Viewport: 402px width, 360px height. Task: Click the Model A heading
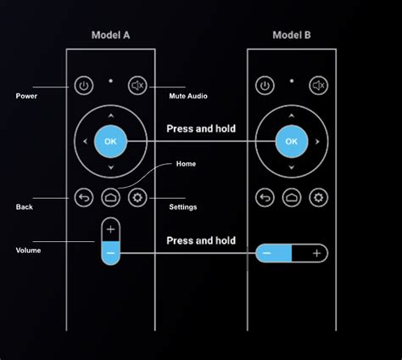point(110,36)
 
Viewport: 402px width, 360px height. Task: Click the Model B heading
point(292,36)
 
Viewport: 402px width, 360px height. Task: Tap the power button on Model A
point(83,85)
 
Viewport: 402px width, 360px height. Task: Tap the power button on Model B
point(265,85)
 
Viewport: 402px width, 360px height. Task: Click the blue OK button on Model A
point(110,141)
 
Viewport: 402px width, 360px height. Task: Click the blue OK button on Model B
point(292,141)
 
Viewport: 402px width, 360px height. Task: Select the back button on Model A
point(83,198)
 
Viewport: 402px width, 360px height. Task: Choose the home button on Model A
point(110,198)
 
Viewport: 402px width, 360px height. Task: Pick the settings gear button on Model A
point(137,198)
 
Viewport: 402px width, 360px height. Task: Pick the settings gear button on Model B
point(319,198)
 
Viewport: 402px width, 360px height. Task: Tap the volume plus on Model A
point(111,229)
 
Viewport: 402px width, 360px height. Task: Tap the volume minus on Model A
point(111,253)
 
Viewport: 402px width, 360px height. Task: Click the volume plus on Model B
point(315,253)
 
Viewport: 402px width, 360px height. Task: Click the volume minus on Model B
point(267,253)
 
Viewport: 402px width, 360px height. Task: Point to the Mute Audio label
point(188,96)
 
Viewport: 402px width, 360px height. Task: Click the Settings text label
point(183,207)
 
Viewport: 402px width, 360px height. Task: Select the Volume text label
point(29,250)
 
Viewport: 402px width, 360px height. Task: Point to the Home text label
point(186,164)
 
